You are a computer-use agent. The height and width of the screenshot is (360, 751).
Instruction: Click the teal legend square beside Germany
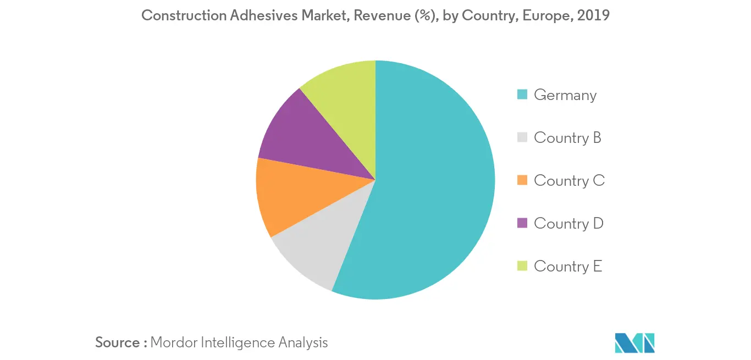(522, 95)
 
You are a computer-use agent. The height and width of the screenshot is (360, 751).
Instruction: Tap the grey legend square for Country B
(522, 137)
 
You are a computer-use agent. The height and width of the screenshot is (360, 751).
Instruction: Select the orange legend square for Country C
(522, 180)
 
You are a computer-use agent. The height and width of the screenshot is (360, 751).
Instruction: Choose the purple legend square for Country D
(522, 223)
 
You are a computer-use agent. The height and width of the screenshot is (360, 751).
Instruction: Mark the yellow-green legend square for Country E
(522, 266)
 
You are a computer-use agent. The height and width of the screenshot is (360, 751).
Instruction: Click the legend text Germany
(565, 95)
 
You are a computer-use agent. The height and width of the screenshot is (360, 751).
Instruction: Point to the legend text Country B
(567, 137)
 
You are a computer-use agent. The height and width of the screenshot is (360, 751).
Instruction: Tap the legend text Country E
(568, 266)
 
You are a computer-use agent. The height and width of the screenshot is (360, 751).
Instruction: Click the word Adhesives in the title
(262, 15)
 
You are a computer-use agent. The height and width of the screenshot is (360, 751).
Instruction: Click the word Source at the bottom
(118, 342)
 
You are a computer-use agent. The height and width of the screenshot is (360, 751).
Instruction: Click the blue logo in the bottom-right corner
(635, 342)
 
